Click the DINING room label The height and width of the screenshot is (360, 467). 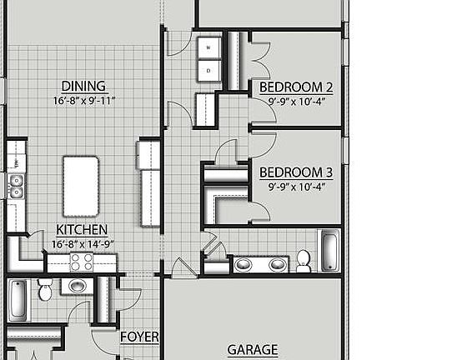pos(83,86)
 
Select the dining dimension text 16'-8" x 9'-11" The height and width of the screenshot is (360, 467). pos(83,101)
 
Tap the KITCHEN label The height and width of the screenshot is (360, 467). pos(81,230)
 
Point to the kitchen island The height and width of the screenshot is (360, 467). pos(81,186)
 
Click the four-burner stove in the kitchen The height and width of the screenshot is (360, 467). pos(81,262)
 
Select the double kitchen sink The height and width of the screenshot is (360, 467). pos(15,186)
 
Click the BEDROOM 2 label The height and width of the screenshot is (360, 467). pos(296,87)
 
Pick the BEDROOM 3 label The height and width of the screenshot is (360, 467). pos(296,172)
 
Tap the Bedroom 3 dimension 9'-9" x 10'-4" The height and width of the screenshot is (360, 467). pos(296,187)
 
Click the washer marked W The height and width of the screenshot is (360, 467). pos(208,47)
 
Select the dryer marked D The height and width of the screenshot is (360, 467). pos(208,72)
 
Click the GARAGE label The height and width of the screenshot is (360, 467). pos(253,351)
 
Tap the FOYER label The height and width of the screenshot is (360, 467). pos(139,337)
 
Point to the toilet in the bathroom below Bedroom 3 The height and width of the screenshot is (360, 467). pos(304,260)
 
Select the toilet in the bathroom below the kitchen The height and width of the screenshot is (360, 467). pos(45,289)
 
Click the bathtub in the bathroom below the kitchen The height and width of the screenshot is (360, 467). pos(18,300)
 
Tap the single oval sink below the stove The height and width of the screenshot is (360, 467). pos(78,287)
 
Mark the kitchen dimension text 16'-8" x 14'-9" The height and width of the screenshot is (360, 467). pos(82,244)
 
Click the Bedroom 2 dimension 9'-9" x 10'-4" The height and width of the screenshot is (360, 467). pos(296,101)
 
